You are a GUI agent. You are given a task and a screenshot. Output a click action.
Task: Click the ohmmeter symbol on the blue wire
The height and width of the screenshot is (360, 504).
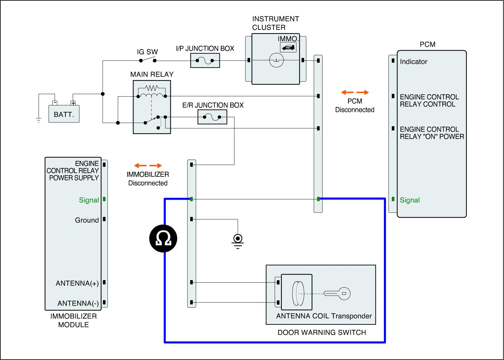pos(163,238)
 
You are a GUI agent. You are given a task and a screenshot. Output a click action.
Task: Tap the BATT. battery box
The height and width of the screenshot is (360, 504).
pos(64,114)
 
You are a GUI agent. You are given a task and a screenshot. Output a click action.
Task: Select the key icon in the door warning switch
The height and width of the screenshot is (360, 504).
pos(337,294)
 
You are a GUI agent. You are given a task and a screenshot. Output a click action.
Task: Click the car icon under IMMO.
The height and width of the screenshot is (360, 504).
pos(288,48)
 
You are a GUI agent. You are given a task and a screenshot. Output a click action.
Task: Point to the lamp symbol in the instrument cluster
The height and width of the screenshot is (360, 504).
pos(276,60)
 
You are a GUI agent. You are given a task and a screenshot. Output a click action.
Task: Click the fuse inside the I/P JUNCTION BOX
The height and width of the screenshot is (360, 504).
pos(205,60)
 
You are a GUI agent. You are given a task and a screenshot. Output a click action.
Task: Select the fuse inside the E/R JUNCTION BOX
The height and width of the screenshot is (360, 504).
pos(212,117)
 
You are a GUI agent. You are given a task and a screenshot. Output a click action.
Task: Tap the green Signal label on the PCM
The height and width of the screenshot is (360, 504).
pos(409,200)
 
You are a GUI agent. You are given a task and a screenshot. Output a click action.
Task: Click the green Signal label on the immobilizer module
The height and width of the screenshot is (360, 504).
pos(89,200)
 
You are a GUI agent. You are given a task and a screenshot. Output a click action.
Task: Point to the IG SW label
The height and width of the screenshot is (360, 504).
pos(147,52)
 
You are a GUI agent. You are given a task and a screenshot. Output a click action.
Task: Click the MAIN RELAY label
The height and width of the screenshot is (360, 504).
pos(152,74)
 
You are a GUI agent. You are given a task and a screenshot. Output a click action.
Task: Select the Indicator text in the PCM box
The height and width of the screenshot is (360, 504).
pos(413,61)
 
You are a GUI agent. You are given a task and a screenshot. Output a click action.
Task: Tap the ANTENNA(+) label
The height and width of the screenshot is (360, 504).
pos(77,283)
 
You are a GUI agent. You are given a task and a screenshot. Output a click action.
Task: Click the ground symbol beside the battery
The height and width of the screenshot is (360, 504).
pos(39,120)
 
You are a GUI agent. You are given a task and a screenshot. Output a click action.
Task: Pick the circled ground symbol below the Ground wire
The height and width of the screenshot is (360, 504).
pos(238,241)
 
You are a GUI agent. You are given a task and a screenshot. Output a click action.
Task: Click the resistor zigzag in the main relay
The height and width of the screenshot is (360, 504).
pos(152,88)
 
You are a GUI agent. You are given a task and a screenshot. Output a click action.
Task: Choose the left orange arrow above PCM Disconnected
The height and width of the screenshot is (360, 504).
pos(347,92)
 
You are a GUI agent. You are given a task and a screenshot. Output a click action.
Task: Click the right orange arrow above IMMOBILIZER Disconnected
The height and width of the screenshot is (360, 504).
pos(156,166)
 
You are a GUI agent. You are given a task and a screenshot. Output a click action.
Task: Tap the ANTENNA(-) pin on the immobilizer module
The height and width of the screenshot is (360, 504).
pos(104,302)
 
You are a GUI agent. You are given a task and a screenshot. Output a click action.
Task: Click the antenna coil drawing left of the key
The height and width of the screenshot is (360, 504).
pos(298,294)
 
